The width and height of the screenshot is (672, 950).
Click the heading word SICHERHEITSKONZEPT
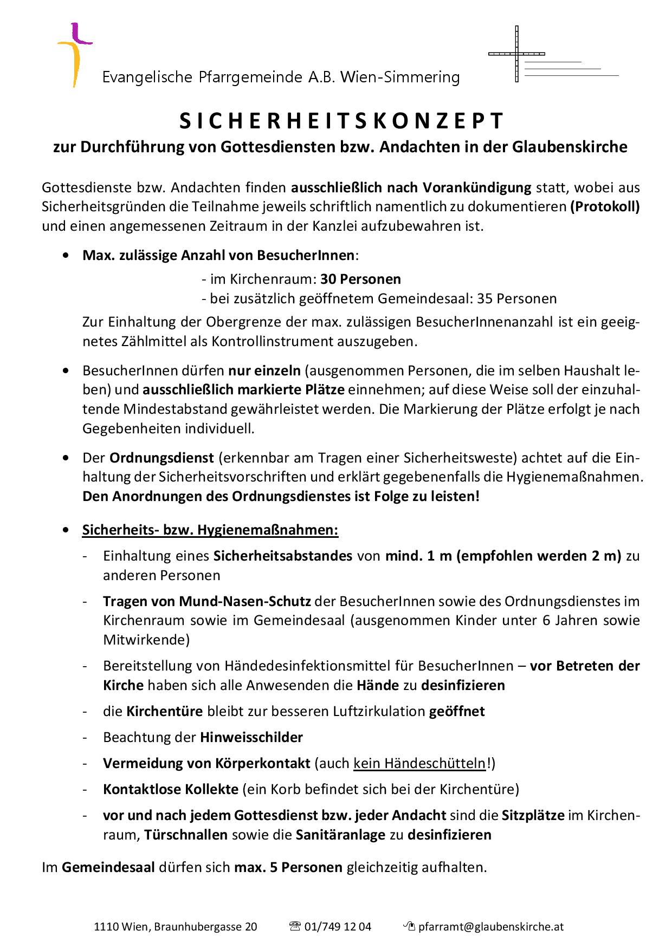pos(342,121)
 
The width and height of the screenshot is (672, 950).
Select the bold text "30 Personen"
pos(360,279)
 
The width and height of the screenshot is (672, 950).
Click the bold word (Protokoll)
pos(604,207)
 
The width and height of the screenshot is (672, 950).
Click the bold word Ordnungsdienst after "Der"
pos(161,458)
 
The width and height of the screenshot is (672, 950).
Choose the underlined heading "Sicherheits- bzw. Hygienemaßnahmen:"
pos(210,530)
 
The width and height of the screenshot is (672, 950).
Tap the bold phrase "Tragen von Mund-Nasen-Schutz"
pos(207,601)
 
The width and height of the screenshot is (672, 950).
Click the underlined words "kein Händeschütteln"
pos(419,763)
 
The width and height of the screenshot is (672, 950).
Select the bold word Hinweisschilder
pos(251,737)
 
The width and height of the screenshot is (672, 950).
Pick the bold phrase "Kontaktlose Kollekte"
pos(171,789)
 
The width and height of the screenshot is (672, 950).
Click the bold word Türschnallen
pos(186,835)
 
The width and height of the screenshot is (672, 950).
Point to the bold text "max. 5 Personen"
pos(288,868)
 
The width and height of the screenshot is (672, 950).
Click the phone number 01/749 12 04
pos(338,927)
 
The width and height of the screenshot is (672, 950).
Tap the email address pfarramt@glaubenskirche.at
pos(491,927)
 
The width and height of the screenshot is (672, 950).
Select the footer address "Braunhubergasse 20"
pos(206,927)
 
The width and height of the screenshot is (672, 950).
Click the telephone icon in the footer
pos(295,926)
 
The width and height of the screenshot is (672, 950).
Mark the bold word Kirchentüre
pos(165,711)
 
